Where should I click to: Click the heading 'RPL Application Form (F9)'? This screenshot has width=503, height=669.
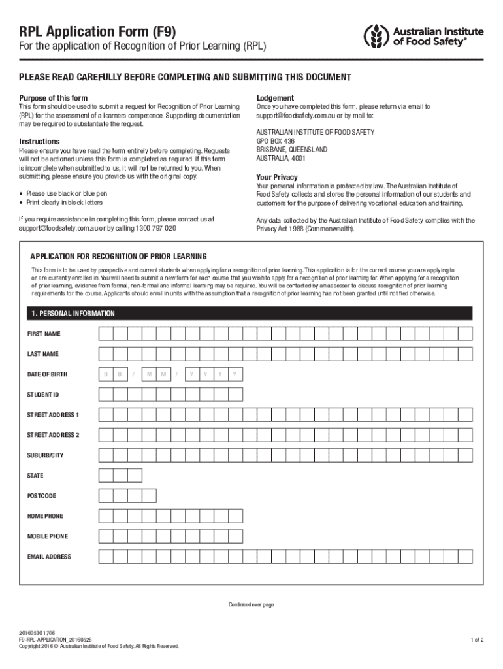click(x=97, y=31)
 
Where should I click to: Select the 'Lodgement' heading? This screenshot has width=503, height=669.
click(x=275, y=98)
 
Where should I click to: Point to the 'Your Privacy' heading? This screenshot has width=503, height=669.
click(x=277, y=177)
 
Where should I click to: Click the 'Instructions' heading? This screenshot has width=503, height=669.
click(x=39, y=142)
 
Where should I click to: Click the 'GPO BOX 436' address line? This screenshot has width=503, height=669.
click(x=276, y=141)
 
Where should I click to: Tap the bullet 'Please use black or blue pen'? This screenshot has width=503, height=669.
click(x=66, y=194)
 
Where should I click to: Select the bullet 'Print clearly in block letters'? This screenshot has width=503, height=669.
click(x=64, y=203)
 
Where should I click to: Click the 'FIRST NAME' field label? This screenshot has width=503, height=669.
click(x=44, y=334)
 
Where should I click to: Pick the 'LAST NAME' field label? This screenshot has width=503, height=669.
click(x=42, y=354)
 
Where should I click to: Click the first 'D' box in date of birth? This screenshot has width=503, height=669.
click(x=105, y=374)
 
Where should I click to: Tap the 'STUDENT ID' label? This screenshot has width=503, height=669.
click(x=43, y=395)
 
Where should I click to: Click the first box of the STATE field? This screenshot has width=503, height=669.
click(x=105, y=476)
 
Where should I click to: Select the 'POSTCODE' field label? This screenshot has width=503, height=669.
click(x=41, y=496)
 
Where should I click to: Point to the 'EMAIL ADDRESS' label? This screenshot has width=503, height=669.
click(x=49, y=557)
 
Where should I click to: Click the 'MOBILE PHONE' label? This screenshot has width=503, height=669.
click(x=47, y=536)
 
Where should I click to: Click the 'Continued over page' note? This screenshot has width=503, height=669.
click(x=251, y=604)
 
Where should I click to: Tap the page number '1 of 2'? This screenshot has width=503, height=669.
click(x=477, y=640)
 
